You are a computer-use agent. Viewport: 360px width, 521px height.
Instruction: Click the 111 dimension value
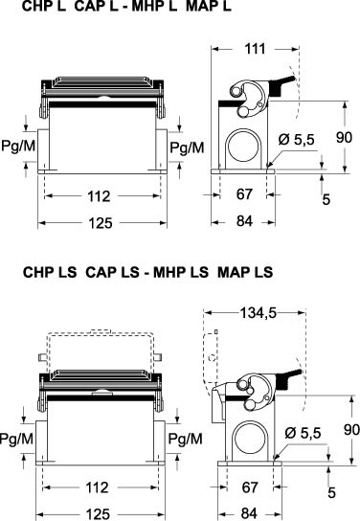pyautogui.click(x=255, y=49)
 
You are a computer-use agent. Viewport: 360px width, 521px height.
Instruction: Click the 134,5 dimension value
pyautogui.click(x=259, y=312)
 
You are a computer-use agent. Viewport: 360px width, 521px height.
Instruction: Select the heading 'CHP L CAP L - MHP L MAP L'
pyautogui.click(x=126, y=7)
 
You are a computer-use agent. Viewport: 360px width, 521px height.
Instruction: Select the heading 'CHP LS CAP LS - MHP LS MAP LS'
pyautogui.click(x=148, y=272)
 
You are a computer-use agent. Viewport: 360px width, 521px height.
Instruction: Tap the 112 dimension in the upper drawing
pyautogui.click(x=99, y=196)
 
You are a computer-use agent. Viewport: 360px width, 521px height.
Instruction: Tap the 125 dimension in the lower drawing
pyautogui.click(x=98, y=514)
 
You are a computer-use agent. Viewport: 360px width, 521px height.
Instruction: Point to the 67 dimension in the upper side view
pyautogui.click(x=244, y=194)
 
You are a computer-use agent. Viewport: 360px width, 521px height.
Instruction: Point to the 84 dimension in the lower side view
pyautogui.click(x=249, y=513)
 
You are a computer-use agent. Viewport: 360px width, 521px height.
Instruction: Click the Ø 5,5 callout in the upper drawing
pyautogui.click(x=296, y=140)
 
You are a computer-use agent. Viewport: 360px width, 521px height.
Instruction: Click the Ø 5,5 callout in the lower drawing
pyautogui.click(x=303, y=433)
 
